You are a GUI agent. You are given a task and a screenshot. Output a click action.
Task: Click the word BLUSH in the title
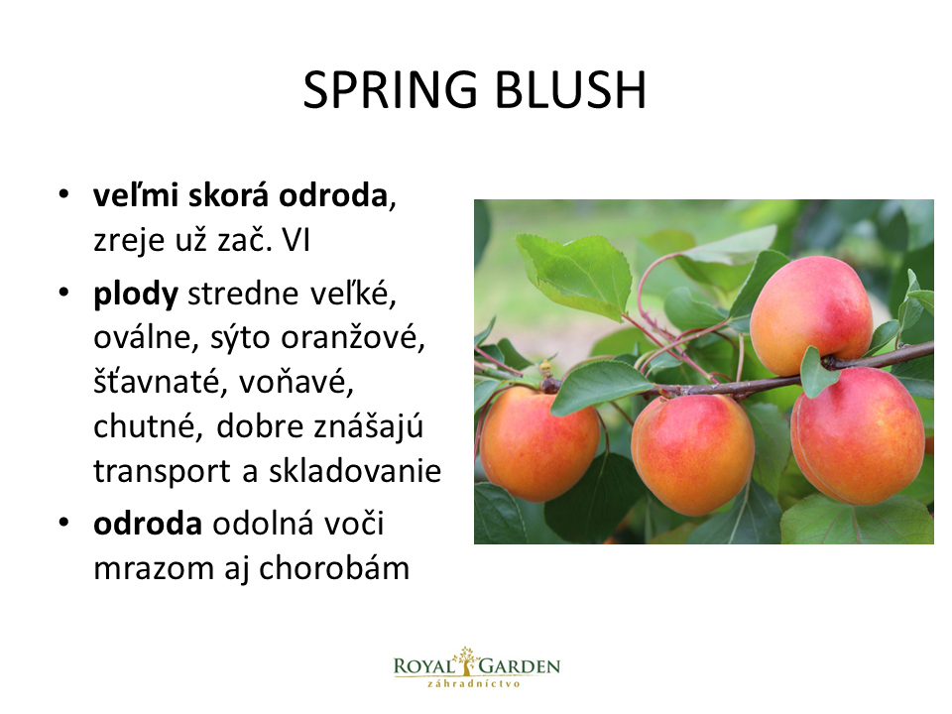coord(570,90)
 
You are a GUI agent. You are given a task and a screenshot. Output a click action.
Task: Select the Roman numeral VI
coord(296,240)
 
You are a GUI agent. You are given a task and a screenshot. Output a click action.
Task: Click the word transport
coord(162,471)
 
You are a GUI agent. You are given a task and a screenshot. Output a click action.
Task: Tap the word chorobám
coord(334,568)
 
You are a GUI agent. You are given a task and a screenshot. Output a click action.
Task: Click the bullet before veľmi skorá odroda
coord(63,195)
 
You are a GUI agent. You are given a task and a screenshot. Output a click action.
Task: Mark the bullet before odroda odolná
coord(63,523)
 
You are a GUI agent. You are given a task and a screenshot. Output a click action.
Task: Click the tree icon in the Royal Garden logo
coord(466,660)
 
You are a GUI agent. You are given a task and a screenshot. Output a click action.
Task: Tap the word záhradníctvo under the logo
coord(474,683)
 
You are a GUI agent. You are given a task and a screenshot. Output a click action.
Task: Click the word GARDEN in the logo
coord(520,666)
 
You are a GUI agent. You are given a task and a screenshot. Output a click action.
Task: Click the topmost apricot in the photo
coord(811,315)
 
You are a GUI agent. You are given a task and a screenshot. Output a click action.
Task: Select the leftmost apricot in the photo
coord(539,444)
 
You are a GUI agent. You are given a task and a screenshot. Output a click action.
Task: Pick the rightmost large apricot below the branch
coord(857,436)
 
